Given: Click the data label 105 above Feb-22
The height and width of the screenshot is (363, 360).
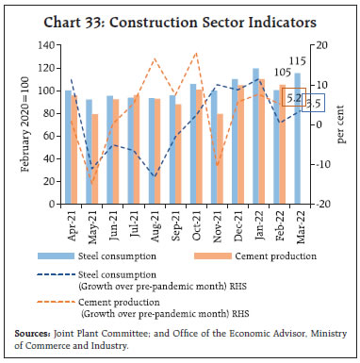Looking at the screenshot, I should tap(284, 73).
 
